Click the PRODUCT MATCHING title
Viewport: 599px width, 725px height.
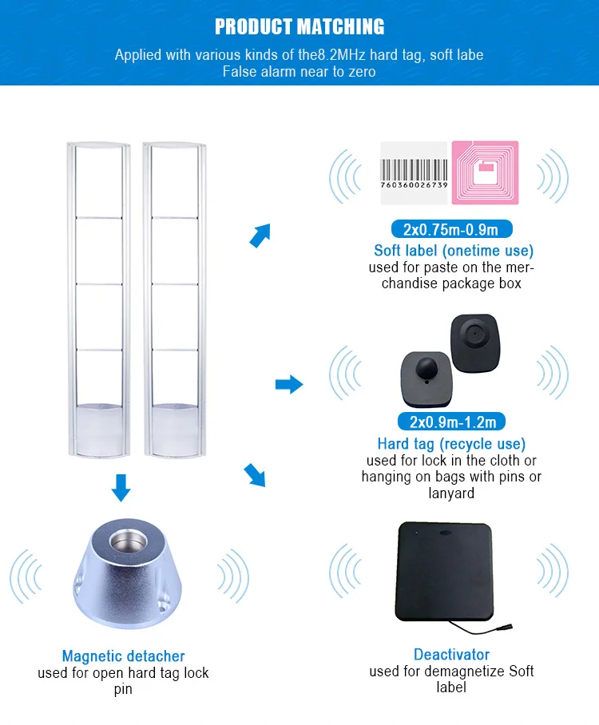[x=299, y=26]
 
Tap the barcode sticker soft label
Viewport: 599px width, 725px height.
[x=414, y=175]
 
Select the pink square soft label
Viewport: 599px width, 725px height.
[x=485, y=175]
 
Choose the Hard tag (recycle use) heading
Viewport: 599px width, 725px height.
[x=451, y=443]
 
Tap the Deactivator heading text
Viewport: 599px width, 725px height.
[x=451, y=655]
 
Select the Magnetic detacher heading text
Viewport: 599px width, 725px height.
[x=124, y=656]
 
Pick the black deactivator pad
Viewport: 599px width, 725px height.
[x=445, y=572]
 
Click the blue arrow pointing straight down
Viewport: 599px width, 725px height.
[x=121, y=487]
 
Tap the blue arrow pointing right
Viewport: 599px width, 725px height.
[x=289, y=385]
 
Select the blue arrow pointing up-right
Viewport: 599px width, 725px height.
[x=260, y=235]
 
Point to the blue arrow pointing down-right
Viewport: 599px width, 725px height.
[x=255, y=476]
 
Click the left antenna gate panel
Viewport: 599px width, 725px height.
[x=97, y=299]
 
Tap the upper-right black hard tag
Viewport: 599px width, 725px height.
[x=476, y=340]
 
